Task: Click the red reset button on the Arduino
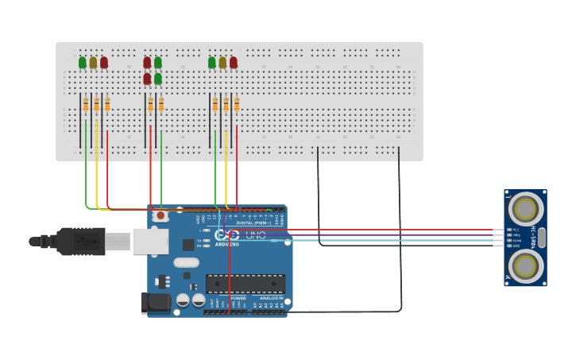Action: pyautogui.click(x=160, y=215)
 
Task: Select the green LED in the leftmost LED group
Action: pyautogui.click(x=83, y=62)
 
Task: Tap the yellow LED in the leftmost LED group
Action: pyautogui.click(x=93, y=62)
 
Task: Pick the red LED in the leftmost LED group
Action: pyautogui.click(x=104, y=62)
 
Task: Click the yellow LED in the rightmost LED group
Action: pyautogui.click(x=222, y=62)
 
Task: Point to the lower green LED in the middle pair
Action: pyautogui.click(x=158, y=79)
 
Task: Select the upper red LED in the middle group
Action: pyautogui.click(x=147, y=62)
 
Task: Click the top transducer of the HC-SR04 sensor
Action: pyautogui.click(x=525, y=209)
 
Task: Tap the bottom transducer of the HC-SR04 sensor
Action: pyautogui.click(x=525, y=266)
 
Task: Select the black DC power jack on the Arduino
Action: pyautogui.click(x=156, y=302)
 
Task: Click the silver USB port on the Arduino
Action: pyautogui.click(x=150, y=242)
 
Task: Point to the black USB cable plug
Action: pyautogui.click(x=79, y=241)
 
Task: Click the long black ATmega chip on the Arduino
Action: pyautogui.click(x=245, y=284)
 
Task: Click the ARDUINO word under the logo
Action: pyautogui.click(x=227, y=245)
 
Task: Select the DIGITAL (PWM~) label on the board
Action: pyautogui.click(x=254, y=223)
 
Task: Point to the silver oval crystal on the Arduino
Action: pyautogui.click(x=186, y=262)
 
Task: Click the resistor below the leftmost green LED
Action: pyautogui.click(x=86, y=104)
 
